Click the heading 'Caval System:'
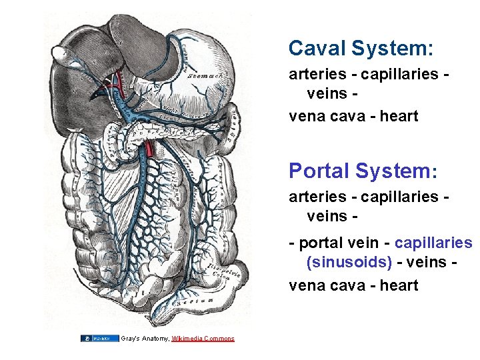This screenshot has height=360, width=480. pyautogui.click(x=361, y=48)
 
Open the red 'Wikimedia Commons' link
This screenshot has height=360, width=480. pyautogui.click(x=203, y=339)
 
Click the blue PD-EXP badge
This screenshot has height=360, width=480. pyautogui.click(x=99, y=339)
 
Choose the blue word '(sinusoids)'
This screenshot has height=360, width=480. pyautogui.click(x=349, y=261)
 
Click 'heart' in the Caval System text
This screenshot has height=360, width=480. pyautogui.click(x=399, y=116)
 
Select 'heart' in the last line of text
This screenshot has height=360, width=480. pyautogui.click(x=399, y=285)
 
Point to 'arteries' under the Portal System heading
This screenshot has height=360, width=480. pyautogui.click(x=317, y=197)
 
